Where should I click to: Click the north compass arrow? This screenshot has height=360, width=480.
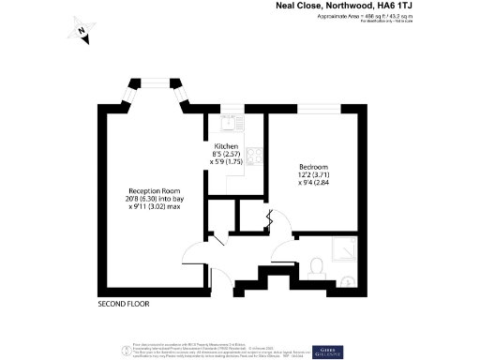point(82,33)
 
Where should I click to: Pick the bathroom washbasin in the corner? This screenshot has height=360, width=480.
point(348,278)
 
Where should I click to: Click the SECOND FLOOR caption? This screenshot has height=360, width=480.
point(124,305)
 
